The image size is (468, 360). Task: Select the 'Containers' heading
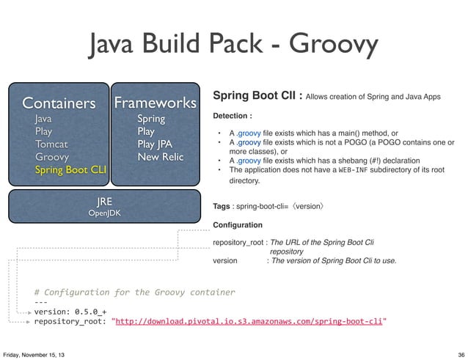click(59, 101)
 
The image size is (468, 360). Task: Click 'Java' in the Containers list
click(43, 117)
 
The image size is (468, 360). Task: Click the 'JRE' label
click(104, 200)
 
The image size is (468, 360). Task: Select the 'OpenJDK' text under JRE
click(104, 213)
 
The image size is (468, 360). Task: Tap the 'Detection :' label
click(233, 116)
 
